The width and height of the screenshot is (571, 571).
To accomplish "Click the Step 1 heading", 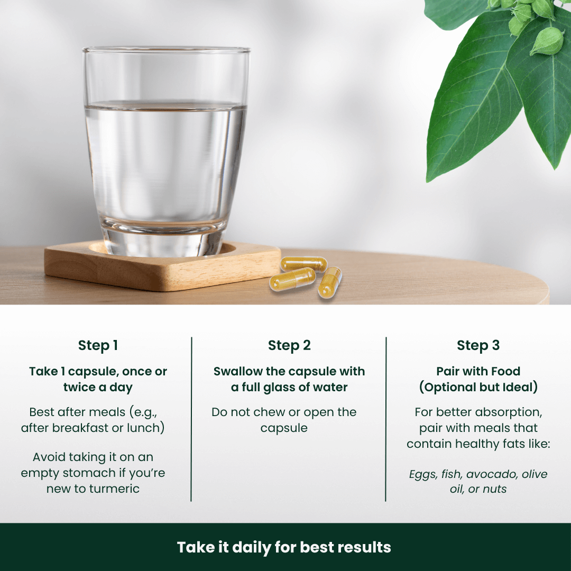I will (x=98, y=346).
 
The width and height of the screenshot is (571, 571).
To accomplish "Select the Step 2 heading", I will (x=289, y=346).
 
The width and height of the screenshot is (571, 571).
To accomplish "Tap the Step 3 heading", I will (x=478, y=346).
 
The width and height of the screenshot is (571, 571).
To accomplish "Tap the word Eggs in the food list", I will (x=423, y=474).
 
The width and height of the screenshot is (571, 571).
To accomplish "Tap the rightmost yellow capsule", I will (x=329, y=282).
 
